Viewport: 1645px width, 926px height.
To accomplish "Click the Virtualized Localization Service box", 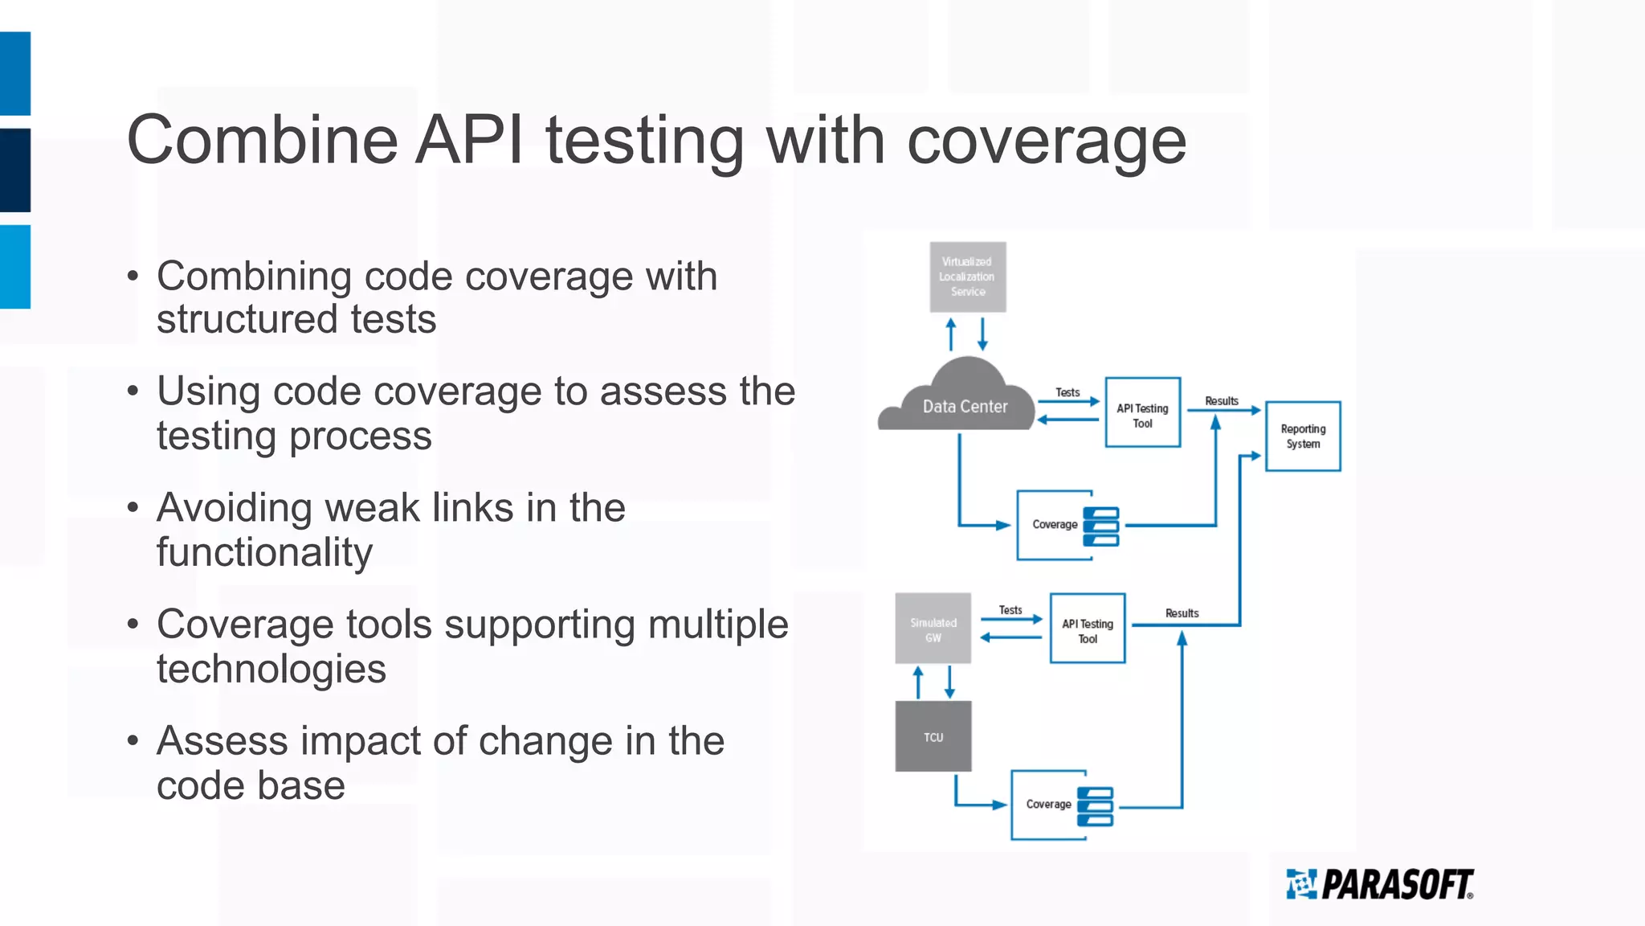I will [x=967, y=277].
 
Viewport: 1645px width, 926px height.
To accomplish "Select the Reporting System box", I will [x=1302, y=436].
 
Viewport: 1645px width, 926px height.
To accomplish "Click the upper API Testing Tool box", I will [x=1142, y=412].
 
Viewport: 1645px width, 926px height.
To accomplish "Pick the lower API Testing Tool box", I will [x=1087, y=628].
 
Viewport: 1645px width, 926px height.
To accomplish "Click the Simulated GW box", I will [x=933, y=629].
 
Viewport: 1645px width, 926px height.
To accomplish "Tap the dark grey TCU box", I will [x=933, y=736].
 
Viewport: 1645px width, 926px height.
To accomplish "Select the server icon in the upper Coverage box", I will [x=1100, y=527].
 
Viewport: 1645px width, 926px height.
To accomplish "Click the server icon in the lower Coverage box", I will [x=1095, y=806].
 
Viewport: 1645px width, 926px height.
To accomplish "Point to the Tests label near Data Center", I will [x=1067, y=392].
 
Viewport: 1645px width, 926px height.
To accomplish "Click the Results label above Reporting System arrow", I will [x=1221, y=400].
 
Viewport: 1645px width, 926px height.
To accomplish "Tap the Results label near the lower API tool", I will [x=1182, y=613].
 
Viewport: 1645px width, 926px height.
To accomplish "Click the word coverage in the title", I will [x=1046, y=141].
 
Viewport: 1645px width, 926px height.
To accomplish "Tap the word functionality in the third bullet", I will [x=264, y=552].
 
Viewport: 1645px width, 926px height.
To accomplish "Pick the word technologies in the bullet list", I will [x=271, y=669].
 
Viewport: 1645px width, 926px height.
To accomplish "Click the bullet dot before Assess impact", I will [x=133, y=740].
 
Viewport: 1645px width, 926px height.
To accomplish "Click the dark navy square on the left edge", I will [x=15, y=170].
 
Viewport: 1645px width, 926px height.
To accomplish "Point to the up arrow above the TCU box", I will [x=918, y=682].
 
